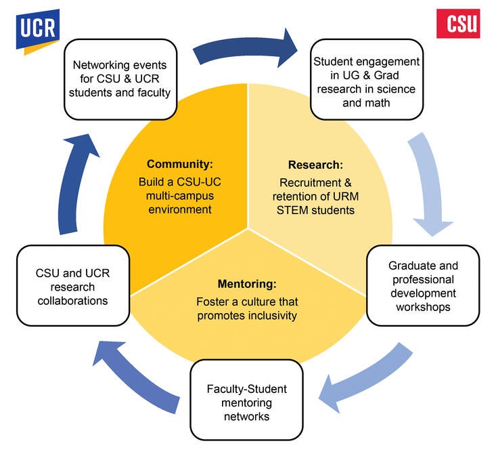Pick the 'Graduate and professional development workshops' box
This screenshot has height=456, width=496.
point(423,286)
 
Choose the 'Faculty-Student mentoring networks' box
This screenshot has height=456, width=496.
point(246,399)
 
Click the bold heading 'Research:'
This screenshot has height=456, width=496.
point(315,165)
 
